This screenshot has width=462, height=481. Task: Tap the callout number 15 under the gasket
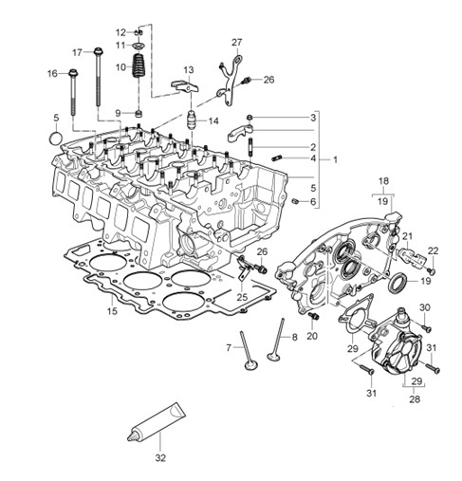112,311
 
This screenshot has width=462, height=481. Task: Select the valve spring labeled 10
138,65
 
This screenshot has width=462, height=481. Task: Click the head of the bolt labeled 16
73,73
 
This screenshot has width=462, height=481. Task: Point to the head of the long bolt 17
99,51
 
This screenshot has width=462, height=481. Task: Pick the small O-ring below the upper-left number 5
56,139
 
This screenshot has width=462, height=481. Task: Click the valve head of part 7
251,366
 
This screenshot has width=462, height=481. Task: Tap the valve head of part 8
273,357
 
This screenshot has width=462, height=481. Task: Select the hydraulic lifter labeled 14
192,120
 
